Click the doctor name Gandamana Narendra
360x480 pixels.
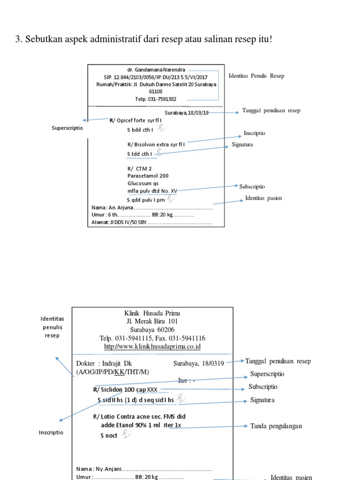coord(156,69)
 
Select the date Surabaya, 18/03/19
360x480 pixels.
coord(187,113)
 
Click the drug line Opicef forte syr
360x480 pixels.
coord(138,120)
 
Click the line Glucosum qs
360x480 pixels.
coord(143,183)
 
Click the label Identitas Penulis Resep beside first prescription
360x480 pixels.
coord(256,75)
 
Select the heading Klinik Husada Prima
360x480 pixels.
coord(152,313)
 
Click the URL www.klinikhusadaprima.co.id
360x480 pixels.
coord(152,346)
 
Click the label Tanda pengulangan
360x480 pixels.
coord(276,426)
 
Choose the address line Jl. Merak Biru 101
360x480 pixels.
coord(152,321)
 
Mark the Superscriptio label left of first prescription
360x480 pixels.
coord(67,128)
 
